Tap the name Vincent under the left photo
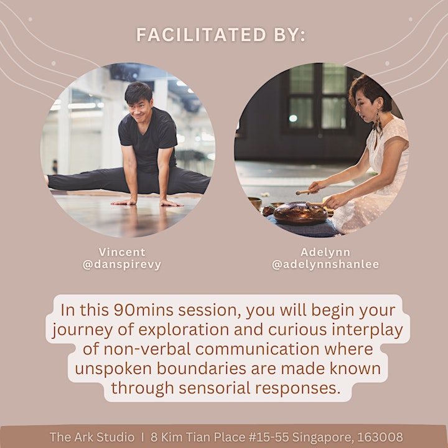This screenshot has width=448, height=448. [x=122, y=252]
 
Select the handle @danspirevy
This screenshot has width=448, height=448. [x=122, y=264]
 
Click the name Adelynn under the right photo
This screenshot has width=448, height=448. [x=325, y=252]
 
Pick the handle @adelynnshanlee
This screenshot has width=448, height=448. [x=325, y=264]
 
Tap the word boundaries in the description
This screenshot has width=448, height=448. [x=202, y=368]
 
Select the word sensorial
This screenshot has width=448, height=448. [x=213, y=388]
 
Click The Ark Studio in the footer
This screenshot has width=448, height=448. [x=92, y=437]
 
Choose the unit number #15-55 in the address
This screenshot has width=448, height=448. [x=269, y=437]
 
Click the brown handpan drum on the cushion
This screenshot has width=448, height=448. [x=300, y=213]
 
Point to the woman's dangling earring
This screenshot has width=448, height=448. [x=378, y=121]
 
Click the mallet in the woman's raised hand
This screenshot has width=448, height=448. [x=304, y=192]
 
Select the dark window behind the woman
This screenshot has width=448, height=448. [x=317, y=97]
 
